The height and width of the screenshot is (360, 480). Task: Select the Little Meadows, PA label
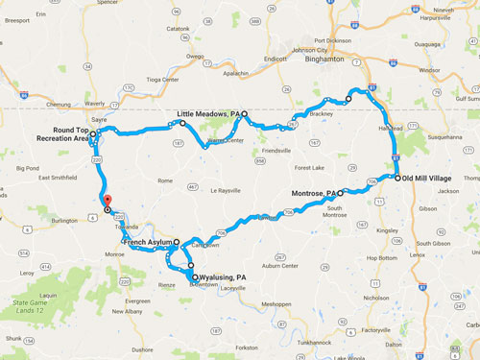click(x=208, y=113)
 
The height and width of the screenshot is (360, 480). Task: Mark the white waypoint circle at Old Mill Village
click(x=396, y=178)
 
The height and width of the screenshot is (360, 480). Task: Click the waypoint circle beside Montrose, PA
click(x=340, y=193)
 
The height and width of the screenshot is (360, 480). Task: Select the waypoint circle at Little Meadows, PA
click(x=244, y=113)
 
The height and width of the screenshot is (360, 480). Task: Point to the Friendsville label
click(x=276, y=151)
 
